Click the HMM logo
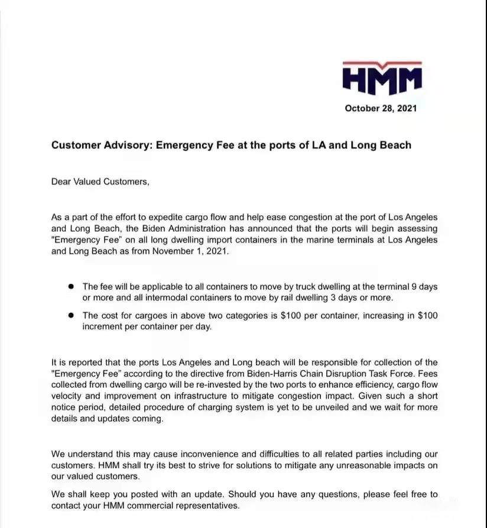(382, 78)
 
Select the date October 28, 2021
(381, 108)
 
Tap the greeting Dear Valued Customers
(100, 182)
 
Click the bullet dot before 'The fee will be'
(71, 286)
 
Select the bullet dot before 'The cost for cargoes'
(71, 315)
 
